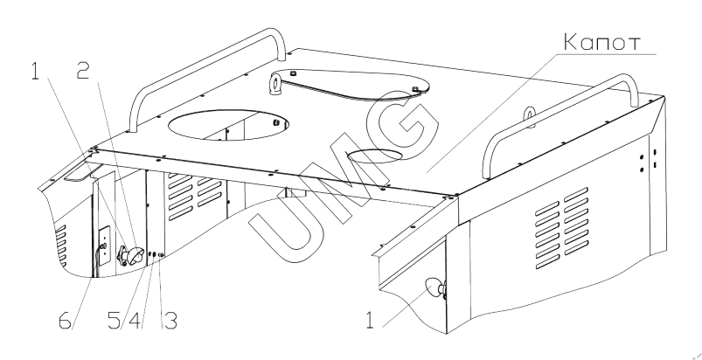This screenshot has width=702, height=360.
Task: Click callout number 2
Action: point(82,72)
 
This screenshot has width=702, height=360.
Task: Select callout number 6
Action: point(66,321)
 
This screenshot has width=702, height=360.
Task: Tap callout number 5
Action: point(115,321)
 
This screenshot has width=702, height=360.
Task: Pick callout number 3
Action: point(170,321)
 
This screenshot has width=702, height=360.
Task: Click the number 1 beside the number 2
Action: point(35,72)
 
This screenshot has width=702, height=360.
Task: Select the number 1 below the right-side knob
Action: point(369,321)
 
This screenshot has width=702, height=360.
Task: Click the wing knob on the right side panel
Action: point(435,288)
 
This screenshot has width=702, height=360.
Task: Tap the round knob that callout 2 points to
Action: point(135,256)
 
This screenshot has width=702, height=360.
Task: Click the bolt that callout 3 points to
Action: point(161,255)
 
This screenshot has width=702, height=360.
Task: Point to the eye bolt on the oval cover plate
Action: point(274,84)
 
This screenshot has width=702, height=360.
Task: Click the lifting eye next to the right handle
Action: point(529,115)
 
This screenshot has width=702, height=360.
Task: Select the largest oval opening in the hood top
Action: point(228,124)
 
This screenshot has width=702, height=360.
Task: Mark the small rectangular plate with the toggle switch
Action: point(104,246)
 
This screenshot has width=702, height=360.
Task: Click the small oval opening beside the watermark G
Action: point(376,156)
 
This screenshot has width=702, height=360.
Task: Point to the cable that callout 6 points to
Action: point(95,261)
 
